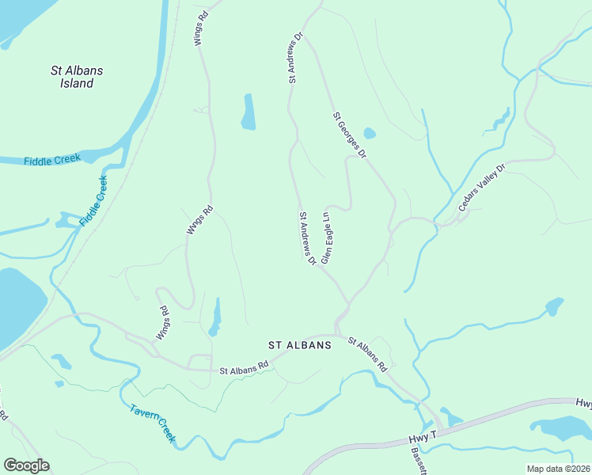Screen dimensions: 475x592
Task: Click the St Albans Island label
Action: point(77,77)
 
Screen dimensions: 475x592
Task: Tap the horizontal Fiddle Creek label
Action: point(52,160)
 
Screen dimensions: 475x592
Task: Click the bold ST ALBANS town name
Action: point(299,345)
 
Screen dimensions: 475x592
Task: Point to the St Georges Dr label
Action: point(349,135)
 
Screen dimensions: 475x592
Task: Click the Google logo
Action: point(26,465)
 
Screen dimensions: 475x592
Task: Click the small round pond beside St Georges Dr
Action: point(369,133)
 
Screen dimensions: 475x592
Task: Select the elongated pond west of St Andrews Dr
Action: point(249,112)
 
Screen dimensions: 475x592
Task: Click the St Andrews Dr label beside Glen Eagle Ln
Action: point(307,237)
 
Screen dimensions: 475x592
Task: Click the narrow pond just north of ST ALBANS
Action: point(214,317)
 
